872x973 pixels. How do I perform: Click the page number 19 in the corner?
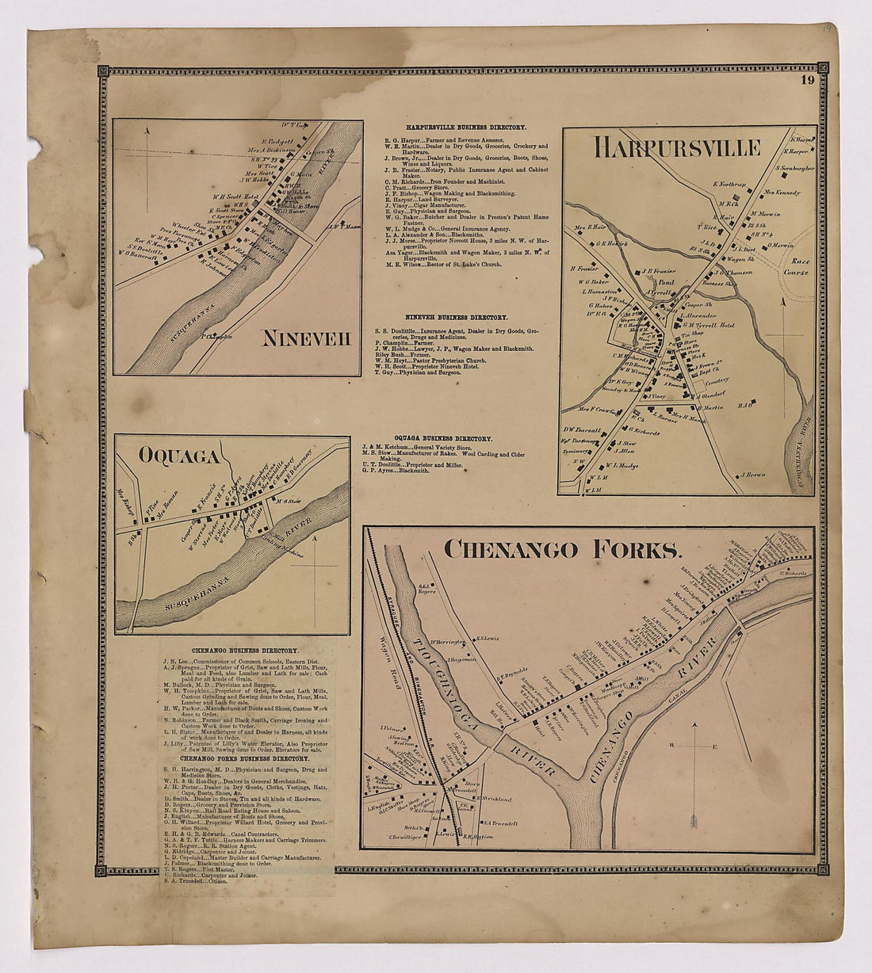click(x=808, y=79)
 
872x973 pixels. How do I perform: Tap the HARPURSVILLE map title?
click(x=677, y=148)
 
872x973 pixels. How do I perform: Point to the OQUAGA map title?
click(x=168, y=456)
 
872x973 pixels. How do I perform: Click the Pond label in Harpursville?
click(x=667, y=281)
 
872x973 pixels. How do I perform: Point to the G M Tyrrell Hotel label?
click(x=709, y=326)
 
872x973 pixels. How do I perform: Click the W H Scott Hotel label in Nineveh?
click(x=214, y=197)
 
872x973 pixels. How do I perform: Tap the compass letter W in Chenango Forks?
click(x=671, y=746)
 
